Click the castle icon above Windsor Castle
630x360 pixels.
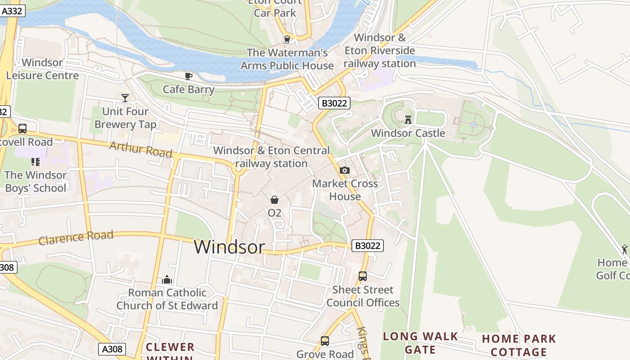[x=408, y=119]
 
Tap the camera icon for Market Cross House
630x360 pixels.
[x=345, y=170]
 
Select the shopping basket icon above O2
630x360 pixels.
[x=274, y=199]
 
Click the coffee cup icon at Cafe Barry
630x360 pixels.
[x=189, y=76]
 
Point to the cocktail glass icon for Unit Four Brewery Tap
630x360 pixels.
[x=125, y=98]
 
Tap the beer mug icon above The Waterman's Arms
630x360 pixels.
[x=287, y=40]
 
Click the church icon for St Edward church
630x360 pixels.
[x=167, y=279]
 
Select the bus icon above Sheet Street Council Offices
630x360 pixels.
[x=363, y=276]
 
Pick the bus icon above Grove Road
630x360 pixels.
[x=325, y=341]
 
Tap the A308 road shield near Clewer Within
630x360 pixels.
[x=112, y=349]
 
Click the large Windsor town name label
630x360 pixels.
[x=229, y=247]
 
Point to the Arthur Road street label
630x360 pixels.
[x=141, y=149]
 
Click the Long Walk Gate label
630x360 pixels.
[x=420, y=343]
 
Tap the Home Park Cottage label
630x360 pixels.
[x=519, y=345]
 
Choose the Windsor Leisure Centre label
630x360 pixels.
[x=42, y=69]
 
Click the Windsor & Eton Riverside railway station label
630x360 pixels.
[x=379, y=50]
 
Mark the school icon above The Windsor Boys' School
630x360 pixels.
[x=36, y=162]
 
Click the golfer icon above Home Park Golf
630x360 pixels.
[x=625, y=249]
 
